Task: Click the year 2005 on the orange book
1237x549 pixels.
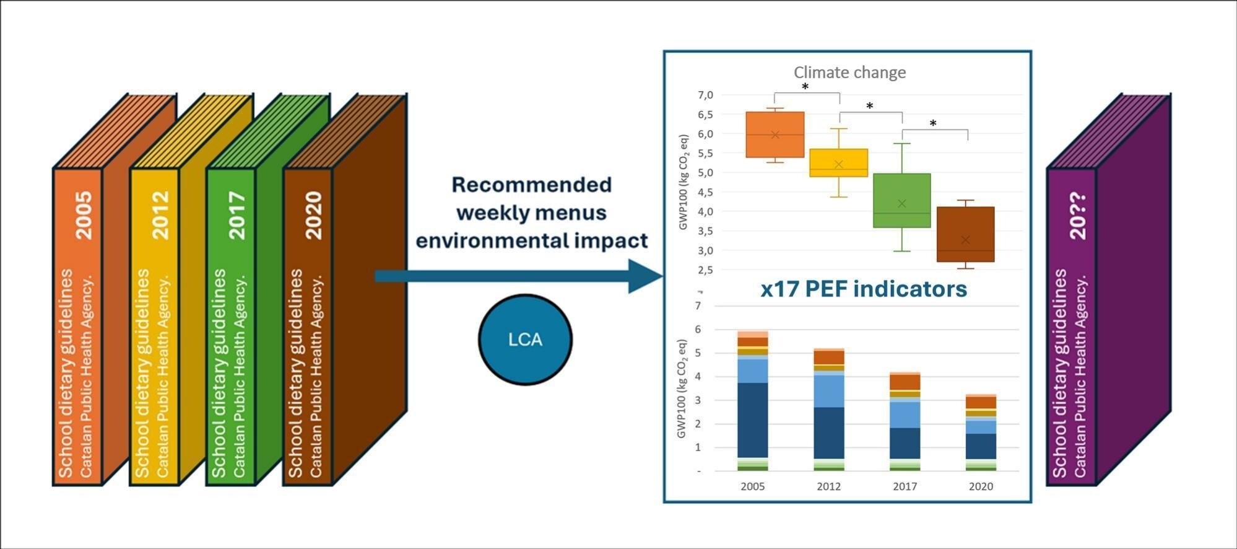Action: click(x=84, y=215)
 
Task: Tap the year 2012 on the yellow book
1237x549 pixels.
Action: click(x=161, y=215)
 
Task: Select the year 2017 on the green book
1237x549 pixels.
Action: click(x=238, y=215)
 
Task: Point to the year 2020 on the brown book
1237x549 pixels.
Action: click(x=315, y=215)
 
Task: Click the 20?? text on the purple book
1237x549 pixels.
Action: click(x=1079, y=216)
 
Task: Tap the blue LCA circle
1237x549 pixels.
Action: click(x=525, y=340)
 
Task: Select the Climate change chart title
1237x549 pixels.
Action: click(x=849, y=72)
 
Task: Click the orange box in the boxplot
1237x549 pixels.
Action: click(x=775, y=134)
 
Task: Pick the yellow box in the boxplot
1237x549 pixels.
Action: click(x=839, y=162)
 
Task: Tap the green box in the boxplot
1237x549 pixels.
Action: click(x=902, y=200)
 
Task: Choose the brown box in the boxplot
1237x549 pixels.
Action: click(x=965, y=234)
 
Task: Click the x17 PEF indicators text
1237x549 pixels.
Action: click(x=864, y=289)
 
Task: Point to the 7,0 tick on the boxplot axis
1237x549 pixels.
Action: click(x=705, y=95)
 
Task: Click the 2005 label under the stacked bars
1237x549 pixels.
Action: click(x=752, y=486)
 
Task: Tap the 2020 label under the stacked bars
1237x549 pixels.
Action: click(x=981, y=486)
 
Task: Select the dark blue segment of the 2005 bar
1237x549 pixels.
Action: click(x=752, y=420)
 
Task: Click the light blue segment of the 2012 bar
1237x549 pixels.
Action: click(x=828, y=391)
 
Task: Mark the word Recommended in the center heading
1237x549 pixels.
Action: click(x=531, y=185)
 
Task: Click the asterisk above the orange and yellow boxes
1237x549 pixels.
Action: click(x=805, y=87)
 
